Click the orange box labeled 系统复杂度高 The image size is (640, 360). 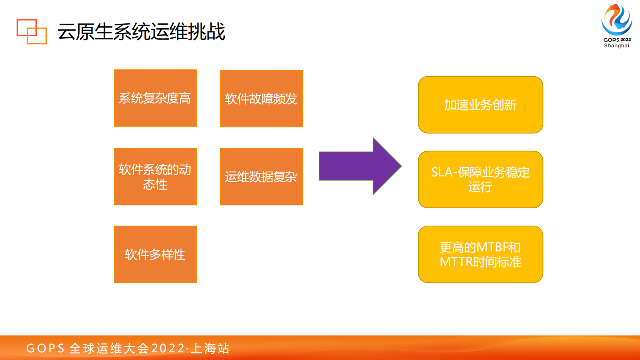click(155, 98)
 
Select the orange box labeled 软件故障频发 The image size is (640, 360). click(261, 98)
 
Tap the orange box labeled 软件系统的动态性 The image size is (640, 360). click(155, 176)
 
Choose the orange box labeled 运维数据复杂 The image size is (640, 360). click(261, 176)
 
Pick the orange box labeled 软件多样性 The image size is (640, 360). click(155, 254)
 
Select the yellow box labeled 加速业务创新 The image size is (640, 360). click(480, 105)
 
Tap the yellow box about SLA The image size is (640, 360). click(480, 180)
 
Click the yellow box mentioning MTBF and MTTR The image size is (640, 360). click(480, 254)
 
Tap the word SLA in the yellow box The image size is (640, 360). click(441, 172)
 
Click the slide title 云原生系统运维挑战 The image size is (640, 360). click(141, 32)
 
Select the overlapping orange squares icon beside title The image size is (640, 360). click(31, 31)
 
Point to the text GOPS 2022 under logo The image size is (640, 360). click(617, 40)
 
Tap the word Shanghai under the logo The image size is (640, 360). click(617, 46)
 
